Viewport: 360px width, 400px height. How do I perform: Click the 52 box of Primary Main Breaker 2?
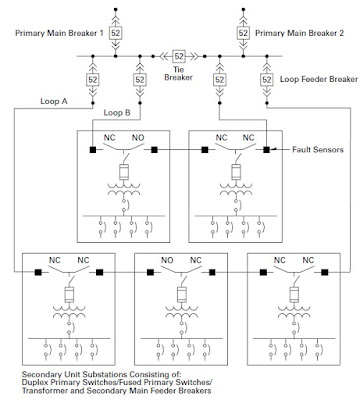(242, 33)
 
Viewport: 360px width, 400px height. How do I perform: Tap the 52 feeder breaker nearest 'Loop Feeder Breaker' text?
(266, 77)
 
